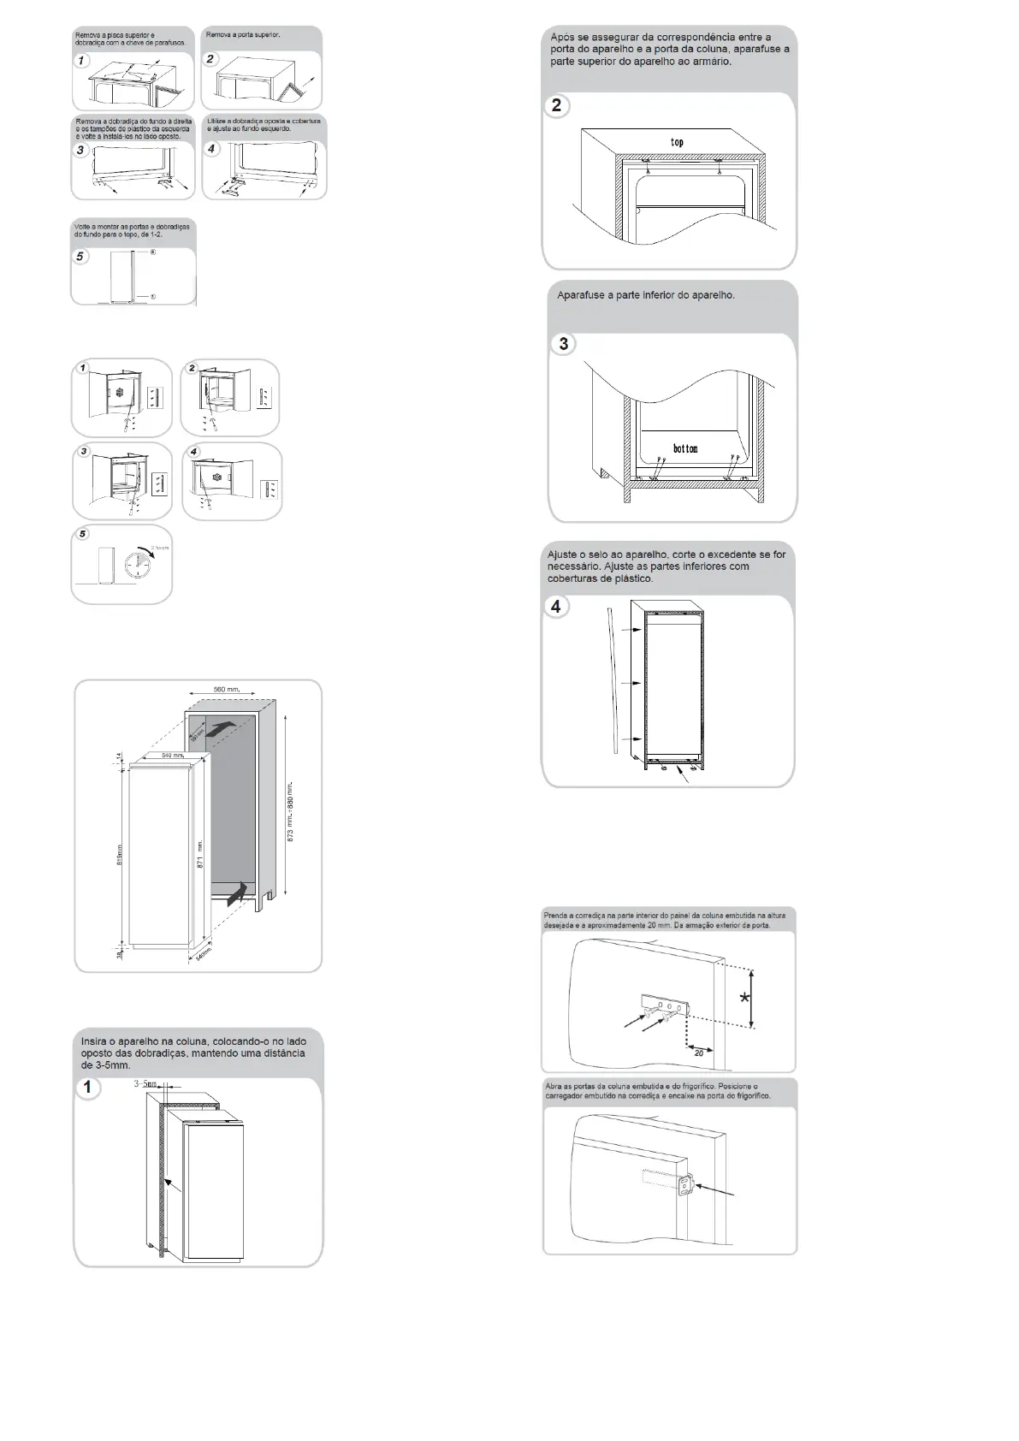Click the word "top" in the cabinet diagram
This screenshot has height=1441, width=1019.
tap(677, 142)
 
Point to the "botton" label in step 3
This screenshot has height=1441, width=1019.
tap(685, 448)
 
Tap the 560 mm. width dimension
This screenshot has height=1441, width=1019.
tap(227, 690)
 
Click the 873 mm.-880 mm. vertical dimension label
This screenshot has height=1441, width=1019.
tap(291, 811)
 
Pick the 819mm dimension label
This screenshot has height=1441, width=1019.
tap(120, 854)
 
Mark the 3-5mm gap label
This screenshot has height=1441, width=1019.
tap(145, 1084)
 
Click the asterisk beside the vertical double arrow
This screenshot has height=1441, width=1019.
tap(745, 998)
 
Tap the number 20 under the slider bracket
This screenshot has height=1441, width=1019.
tap(699, 1053)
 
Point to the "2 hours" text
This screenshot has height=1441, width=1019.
tap(160, 548)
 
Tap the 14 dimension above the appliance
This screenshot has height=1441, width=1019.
tap(120, 755)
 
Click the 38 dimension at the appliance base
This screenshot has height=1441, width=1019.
tap(120, 953)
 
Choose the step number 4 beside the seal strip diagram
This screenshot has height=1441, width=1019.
tap(556, 607)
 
